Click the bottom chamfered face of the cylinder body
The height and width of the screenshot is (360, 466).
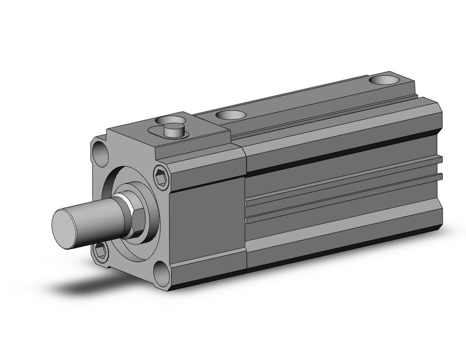click(343, 245)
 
